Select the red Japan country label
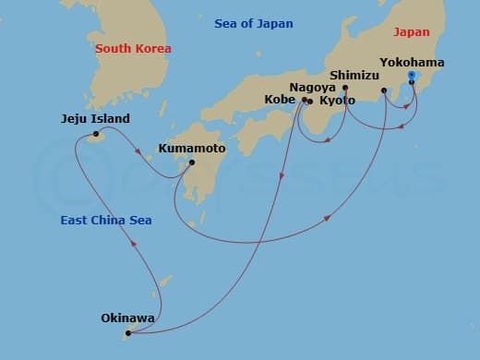(x=412, y=31)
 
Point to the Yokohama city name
(x=412, y=63)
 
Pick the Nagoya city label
(x=312, y=87)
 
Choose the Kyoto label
(x=337, y=100)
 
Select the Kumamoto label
(x=192, y=147)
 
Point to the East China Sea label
(x=106, y=221)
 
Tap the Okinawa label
(x=127, y=318)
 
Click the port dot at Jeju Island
(x=95, y=136)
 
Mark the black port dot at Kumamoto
(x=191, y=163)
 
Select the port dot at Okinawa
(x=127, y=333)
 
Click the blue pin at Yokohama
(x=412, y=76)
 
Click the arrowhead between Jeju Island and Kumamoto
(x=138, y=152)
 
